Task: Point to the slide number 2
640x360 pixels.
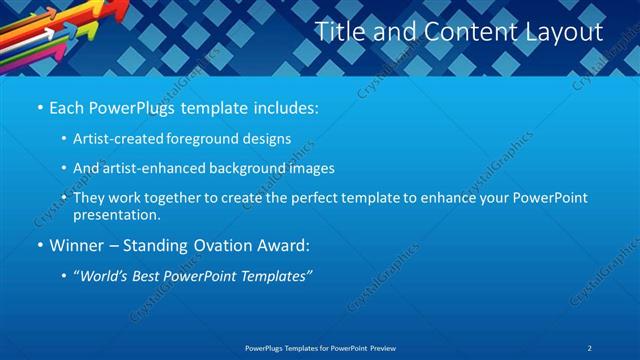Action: (590, 347)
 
